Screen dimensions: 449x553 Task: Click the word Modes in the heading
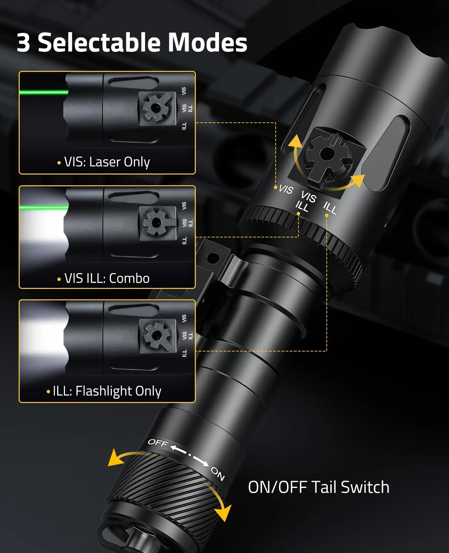pyautogui.click(x=207, y=43)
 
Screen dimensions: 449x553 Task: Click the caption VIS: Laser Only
pyautogui.click(x=107, y=162)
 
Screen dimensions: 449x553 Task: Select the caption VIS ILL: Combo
pyautogui.click(x=107, y=278)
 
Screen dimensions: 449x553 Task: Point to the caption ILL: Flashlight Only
pyautogui.click(x=107, y=391)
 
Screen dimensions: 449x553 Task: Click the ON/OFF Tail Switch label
pyautogui.click(x=319, y=487)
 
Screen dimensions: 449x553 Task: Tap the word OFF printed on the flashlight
pyautogui.click(x=158, y=443)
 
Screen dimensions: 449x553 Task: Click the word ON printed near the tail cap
pyautogui.click(x=218, y=474)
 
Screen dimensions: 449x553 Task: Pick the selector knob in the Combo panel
pyautogui.click(x=156, y=223)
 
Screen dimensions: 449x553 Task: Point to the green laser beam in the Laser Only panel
pyautogui.click(x=44, y=92)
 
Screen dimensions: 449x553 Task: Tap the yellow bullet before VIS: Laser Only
pyautogui.click(x=59, y=163)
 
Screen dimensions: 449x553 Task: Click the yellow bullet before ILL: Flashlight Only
pyautogui.click(x=48, y=392)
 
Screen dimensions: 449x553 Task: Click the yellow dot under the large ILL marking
pyautogui.click(x=327, y=215)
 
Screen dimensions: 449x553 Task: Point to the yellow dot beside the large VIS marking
pyautogui.click(x=276, y=187)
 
